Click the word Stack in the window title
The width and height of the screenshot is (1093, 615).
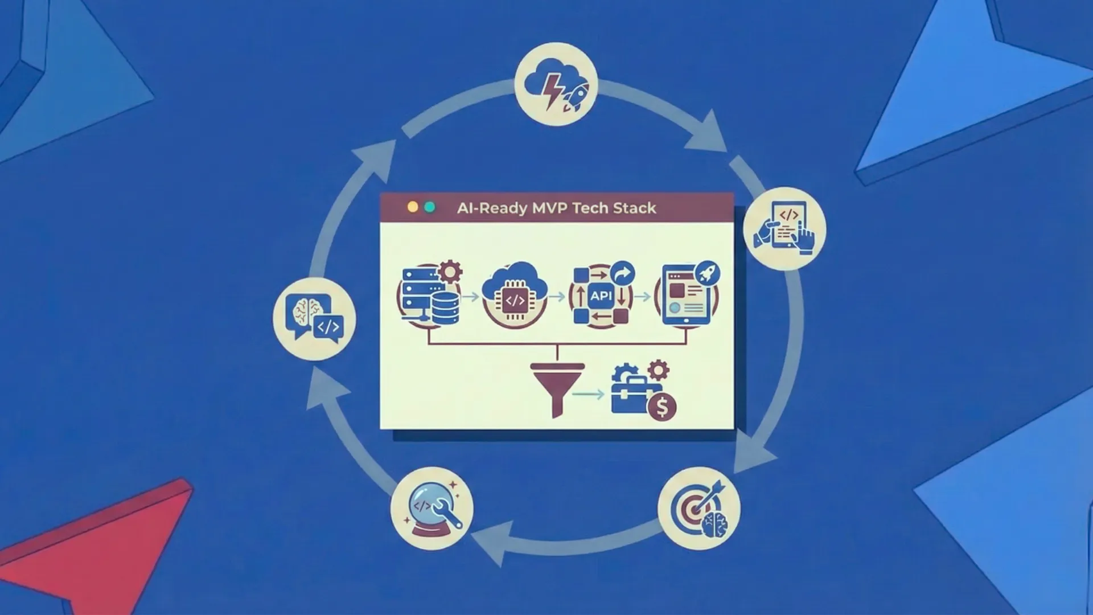(635, 208)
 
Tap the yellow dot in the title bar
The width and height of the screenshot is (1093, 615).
(413, 207)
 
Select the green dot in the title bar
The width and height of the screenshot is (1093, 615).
(430, 207)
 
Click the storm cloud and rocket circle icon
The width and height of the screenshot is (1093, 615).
(556, 84)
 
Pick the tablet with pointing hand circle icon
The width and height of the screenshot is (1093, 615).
(784, 228)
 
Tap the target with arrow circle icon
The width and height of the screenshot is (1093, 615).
(699, 509)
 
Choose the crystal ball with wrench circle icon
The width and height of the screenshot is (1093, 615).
(432, 509)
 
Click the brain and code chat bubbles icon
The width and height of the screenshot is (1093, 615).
(314, 319)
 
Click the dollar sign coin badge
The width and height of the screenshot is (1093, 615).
(662, 407)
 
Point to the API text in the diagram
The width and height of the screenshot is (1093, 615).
(601, 296)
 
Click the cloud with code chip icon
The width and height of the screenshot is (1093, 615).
(515, 294)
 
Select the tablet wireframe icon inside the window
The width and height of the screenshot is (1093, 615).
(685, 296)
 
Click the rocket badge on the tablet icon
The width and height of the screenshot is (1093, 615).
(707, 273)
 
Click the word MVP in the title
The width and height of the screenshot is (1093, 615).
(549, 208)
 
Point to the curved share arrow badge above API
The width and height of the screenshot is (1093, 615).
(622, 274)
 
